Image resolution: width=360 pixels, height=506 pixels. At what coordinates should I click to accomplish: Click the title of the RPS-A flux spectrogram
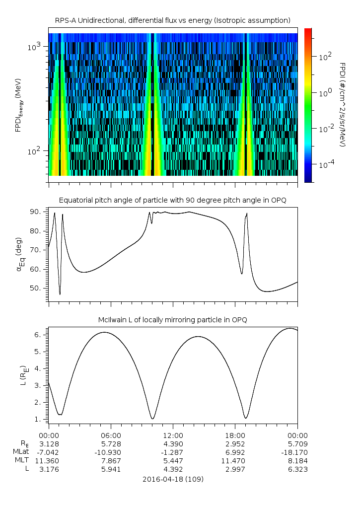coord(173,20)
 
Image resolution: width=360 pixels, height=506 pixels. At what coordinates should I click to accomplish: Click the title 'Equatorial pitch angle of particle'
coord(173,200)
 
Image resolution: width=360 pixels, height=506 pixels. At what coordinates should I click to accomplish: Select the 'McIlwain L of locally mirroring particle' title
coord(173,320)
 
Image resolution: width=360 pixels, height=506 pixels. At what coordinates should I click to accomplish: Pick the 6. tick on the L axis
coord(40,335)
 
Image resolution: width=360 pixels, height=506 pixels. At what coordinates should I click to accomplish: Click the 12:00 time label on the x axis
coord(173,434)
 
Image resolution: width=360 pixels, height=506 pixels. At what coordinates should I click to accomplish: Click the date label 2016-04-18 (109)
coord(173,479)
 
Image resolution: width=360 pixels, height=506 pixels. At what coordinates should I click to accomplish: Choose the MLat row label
coord(22,452)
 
